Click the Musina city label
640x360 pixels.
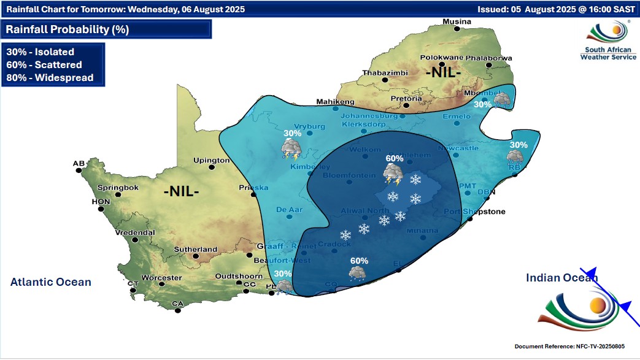(457, 21)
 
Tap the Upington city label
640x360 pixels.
(211, 161)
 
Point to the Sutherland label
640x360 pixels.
(196, 250)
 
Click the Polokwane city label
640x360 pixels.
(440, 58)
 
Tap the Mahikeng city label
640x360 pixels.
(336, 101)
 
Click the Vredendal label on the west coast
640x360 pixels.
(135, 233)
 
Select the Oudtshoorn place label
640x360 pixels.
(237, 277)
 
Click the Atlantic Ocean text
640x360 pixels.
(51, 282)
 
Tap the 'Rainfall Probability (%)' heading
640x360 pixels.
(67, 29)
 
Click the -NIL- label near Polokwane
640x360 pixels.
(443, 72)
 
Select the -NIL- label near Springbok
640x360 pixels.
(181, 191)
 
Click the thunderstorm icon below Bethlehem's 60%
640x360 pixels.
(391, 175)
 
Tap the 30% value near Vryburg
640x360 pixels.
(292, 133)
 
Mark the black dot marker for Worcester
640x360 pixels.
(161, 284)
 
